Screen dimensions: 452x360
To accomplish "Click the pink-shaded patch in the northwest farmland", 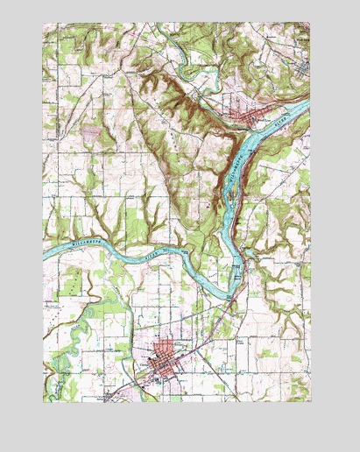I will coord(91,133).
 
